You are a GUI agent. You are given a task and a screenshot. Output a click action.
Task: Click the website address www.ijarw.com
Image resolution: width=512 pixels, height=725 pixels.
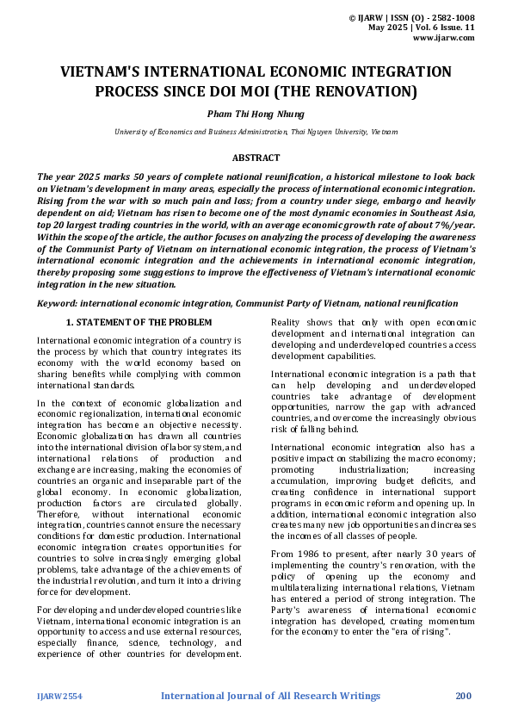[444, 39]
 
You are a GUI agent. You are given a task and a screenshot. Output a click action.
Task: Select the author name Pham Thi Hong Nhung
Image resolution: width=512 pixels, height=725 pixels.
[256, 114]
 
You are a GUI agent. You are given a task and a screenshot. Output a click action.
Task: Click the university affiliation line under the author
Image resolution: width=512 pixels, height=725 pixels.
[256, 132]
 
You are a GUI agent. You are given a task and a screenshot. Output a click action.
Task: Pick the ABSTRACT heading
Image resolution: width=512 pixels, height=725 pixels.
[256, 158]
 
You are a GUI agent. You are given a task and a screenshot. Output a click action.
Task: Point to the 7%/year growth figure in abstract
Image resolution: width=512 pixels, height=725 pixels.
[452, 224]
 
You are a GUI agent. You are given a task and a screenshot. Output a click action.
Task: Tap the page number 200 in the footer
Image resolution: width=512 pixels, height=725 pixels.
[463, 696]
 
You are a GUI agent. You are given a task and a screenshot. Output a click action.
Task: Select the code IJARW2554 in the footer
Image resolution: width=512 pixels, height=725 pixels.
[59, 696]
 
